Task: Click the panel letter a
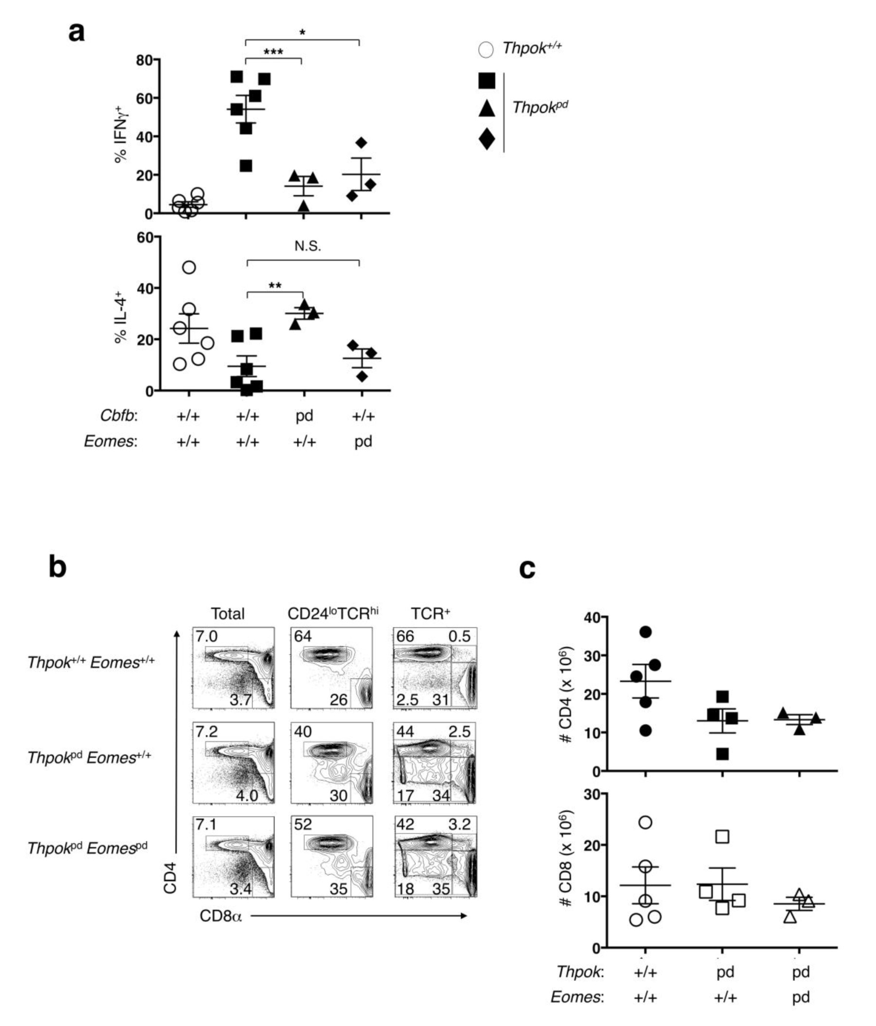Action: tap(76, 33)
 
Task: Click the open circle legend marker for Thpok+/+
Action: tap(486, 50)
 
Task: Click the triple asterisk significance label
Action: tap(273, 52)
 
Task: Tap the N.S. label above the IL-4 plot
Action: tap(308, 246)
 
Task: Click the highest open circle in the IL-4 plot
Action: tap(189, 267)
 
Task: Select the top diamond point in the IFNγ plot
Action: tap(361, 143)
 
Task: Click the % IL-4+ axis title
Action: tap(120, 320)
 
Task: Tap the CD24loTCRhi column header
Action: tap(332, 614)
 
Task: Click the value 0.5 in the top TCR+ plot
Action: tap(459, 636)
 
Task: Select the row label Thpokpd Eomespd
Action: tap(87, 848)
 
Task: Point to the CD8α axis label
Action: tap(221, 916)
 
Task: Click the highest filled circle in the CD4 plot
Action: tap(645, 632)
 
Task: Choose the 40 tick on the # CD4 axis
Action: tap(592, 618)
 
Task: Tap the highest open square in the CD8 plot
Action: tap(723, 836)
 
